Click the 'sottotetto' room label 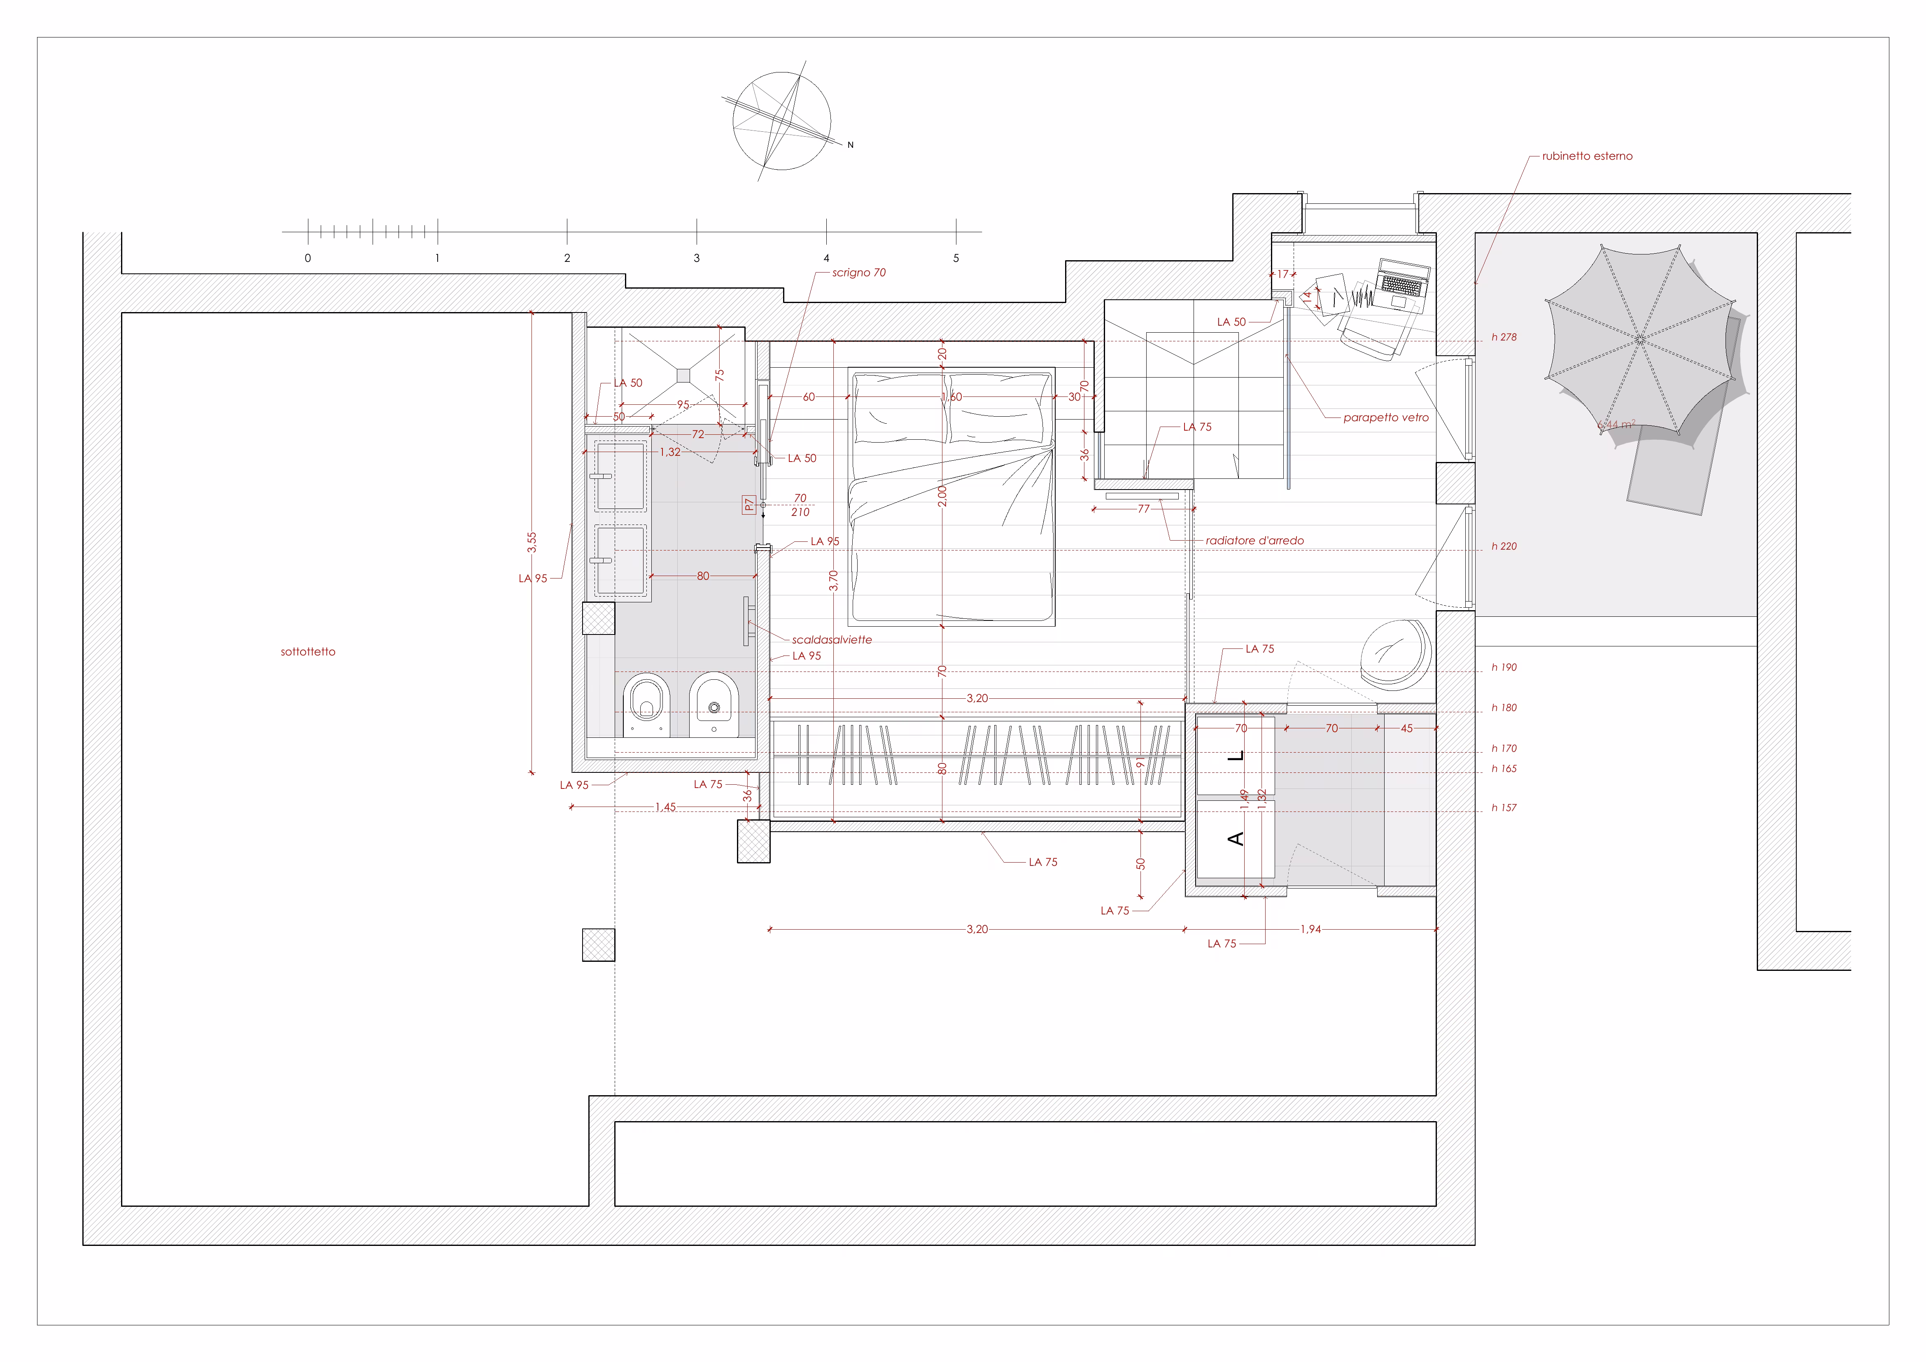(308, 652)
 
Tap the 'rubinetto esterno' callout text (1587, 156)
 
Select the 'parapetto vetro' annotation (1386, 417)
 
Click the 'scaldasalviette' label (831, 640)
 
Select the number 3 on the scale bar (696, 258)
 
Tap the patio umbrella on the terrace (1640, 340)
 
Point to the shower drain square (684, 376)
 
